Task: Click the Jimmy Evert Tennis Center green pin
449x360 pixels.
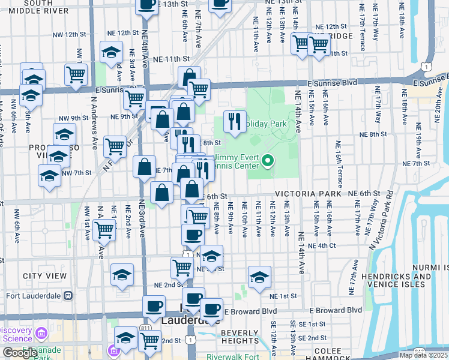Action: [269, 161]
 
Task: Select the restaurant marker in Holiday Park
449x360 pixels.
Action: [235, 122]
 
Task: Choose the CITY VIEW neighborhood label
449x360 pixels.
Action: [44, 276]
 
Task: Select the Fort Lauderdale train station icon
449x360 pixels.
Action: [68, 296]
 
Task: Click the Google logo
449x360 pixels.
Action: [20, 353]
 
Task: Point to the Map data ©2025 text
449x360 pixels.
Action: [423, 355]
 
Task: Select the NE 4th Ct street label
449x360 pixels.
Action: [321, 246]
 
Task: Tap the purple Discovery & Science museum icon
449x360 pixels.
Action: [41, 333]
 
